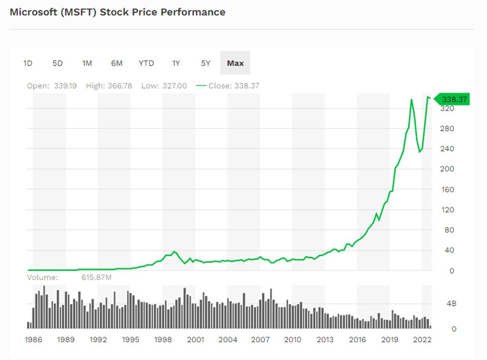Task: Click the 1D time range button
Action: tap(27, 63)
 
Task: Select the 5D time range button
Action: tap(57, 63)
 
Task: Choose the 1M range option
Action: tap(87, 63)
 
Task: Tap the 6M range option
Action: tap(116, 63)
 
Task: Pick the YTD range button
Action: tap(146, 63)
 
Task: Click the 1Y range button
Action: tap(176, 63)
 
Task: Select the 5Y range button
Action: tap(205, 63)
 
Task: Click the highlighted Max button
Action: tap(235, 63)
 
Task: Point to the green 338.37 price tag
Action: tap(454, 99)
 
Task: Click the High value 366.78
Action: tap(119, 85)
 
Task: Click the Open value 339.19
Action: tap(65, 85)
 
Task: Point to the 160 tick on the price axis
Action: tap(447, 190)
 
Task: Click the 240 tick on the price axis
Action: tap(447, 149)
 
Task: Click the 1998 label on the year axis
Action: tap(163, 340)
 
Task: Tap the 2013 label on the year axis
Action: tap(325, 340)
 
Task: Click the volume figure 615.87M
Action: tap(96, 278)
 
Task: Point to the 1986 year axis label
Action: tap(34, 340)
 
